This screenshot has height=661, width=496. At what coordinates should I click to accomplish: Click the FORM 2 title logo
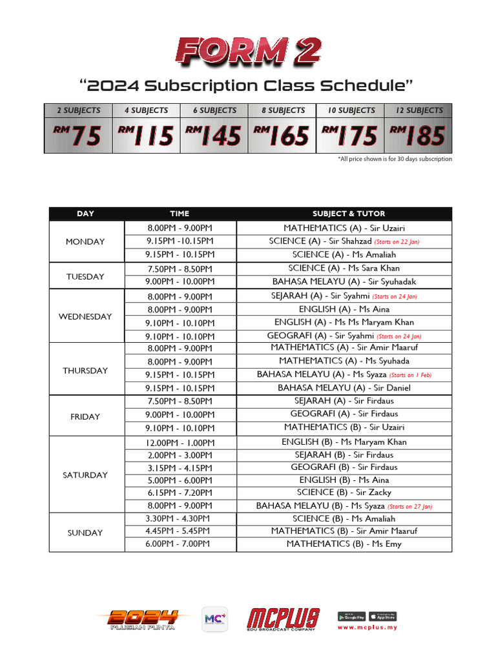click(248, 52)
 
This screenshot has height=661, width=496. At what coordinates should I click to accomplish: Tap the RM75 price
click(78, 136)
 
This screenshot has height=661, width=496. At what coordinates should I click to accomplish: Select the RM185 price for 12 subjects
click(418, 136)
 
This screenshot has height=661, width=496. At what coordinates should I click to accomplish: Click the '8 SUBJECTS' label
click(283, 110)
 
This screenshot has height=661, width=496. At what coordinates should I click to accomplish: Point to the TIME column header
click(180, 214)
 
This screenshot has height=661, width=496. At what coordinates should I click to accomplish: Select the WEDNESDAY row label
click(85, 316)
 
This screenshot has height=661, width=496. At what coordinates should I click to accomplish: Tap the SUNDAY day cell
click(85, 533)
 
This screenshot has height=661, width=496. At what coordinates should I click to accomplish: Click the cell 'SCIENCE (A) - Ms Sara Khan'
click(344, 268)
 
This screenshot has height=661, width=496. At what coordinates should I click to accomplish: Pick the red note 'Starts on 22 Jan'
click(397, 241)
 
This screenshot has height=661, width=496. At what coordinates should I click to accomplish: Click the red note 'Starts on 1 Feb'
click(411, 375)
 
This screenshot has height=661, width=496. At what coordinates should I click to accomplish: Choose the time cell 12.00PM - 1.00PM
click(180, 443)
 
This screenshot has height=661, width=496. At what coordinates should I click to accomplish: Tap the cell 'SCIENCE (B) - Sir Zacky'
click(344, 493)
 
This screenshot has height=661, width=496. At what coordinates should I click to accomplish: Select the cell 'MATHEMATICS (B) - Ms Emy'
click(344, 544)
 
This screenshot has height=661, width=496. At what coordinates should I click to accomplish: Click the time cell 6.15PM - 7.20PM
click(180, 493)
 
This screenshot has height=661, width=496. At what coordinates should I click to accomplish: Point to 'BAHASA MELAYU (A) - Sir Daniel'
click(344, 388)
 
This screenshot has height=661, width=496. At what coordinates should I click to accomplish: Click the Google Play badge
click(351, 616)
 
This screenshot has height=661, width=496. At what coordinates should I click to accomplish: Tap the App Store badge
click(382, 616)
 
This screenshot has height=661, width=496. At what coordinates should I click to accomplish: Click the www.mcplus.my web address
click(367, 627)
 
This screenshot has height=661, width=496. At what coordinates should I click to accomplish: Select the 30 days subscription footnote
click(395, 159)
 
